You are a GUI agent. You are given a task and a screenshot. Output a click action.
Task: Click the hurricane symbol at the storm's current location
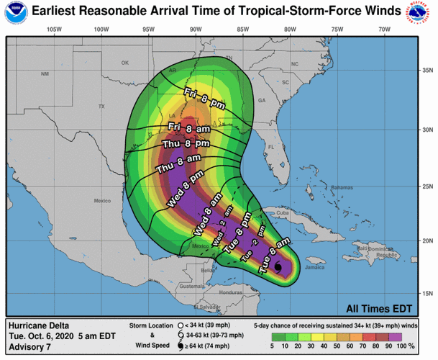pyautogui.click(x=278, y=268)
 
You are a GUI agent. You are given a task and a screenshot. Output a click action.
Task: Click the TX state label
pyautogui.click(x=101, y=107)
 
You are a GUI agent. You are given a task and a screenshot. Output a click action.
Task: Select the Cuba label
pyautogui.click(x=283, y=213)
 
